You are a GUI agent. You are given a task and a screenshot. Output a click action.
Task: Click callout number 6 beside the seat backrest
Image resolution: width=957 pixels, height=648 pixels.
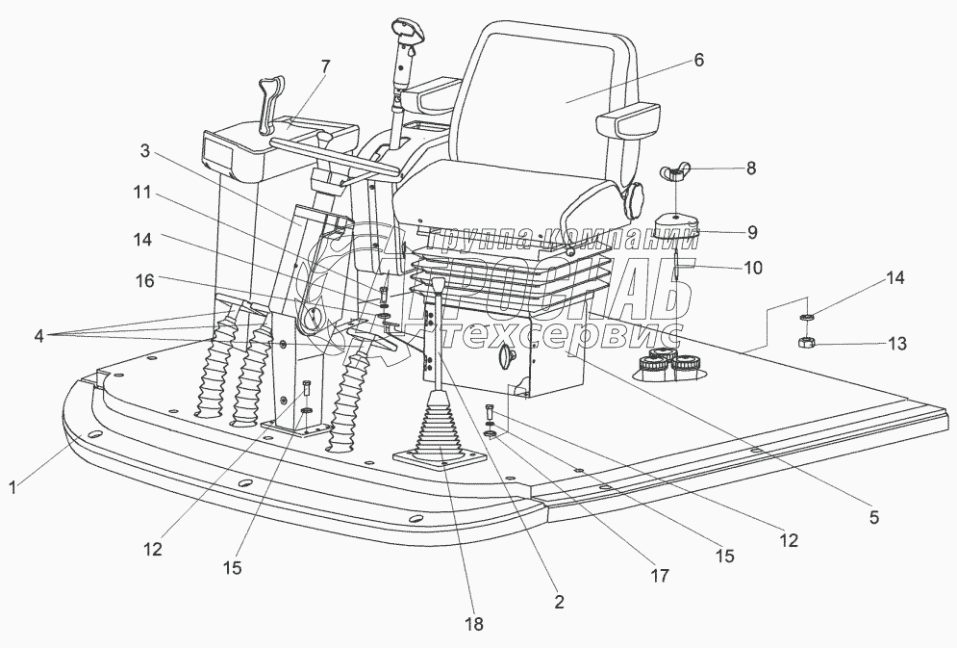click(x=699, y=60)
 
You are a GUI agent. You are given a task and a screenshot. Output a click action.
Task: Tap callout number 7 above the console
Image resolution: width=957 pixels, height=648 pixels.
click(x=325, y=65)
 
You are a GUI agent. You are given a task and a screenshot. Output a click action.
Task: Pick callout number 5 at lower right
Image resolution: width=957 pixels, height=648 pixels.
click(x=873, y=517)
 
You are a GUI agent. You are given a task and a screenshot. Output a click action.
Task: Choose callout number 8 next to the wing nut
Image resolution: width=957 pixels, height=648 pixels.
click(x=751, y=167)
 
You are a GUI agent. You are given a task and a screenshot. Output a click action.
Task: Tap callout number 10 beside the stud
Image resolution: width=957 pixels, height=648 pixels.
click(x=754, y=268)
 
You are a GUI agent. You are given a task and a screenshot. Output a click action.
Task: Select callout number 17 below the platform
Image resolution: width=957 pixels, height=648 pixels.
click(x=660, y=576)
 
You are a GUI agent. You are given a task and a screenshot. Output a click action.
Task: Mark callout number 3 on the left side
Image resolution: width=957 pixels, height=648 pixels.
click(x=144, y=150)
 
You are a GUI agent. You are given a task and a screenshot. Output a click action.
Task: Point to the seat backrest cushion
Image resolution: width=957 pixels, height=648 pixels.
click(x=548, y=96)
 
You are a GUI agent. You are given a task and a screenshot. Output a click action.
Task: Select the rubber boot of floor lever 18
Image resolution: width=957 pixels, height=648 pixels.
click(x=439, y=434)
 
